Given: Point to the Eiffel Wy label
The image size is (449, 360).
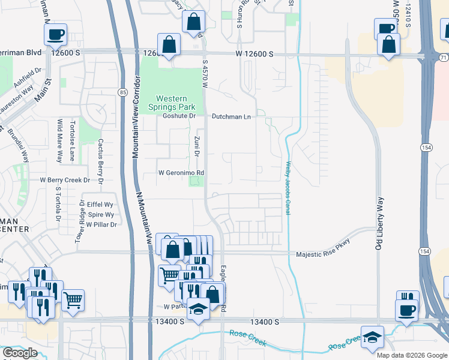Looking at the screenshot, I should pos(100,205).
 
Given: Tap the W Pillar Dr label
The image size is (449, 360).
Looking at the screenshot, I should pos(101,224).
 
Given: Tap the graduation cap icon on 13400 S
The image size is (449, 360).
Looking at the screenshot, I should pos(197,310).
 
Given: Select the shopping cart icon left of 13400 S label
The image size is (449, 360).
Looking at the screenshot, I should pos(73,299).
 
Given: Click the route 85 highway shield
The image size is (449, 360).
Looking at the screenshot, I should pos(122,92).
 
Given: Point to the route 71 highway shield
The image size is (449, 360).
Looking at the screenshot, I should pos(443,58).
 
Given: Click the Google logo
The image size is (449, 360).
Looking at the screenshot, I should pos(20,353).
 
